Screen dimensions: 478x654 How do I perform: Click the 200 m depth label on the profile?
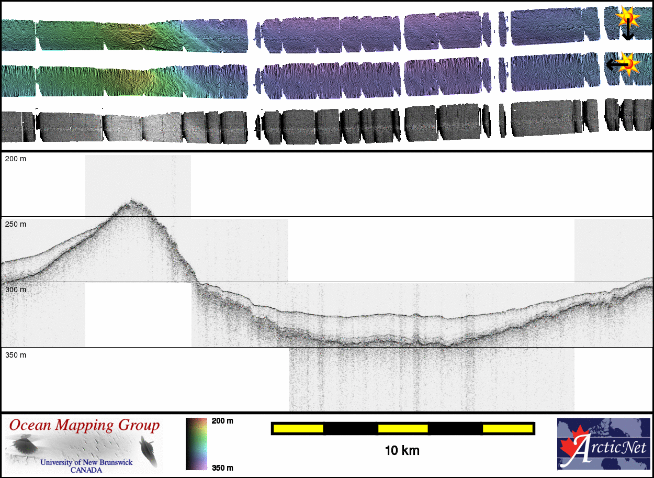point(15,159)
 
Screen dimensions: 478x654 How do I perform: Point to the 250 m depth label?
point(15,224)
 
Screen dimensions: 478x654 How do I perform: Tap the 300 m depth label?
point(15,290)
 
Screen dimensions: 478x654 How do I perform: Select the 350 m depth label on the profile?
point(15,355)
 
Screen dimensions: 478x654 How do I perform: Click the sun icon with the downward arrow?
point(627,19)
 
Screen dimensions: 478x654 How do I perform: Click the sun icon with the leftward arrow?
point(630,64)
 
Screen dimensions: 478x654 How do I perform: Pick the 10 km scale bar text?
point(402,450)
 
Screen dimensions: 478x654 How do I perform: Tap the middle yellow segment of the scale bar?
point(403,429)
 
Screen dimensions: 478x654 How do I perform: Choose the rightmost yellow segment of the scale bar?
point(508,429)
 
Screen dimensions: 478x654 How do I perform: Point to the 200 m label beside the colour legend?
point(222,421)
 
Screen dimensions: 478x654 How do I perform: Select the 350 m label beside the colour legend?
point(222,468)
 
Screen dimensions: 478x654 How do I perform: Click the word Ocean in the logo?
point(30,426)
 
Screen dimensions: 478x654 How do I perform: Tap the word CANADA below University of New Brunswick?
point(86,470)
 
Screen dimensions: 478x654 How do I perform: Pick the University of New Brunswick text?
point(86,462)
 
